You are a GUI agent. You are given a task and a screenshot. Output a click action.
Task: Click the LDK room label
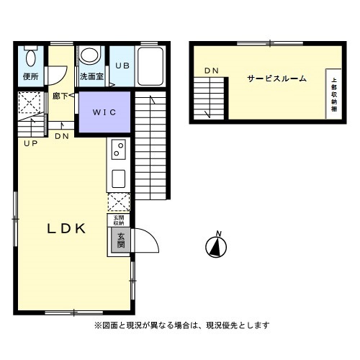[x=66, y=229]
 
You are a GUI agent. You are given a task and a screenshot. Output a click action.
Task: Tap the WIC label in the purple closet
[x=104, y=112]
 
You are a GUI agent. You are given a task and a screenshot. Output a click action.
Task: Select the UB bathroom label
[x=122, y=66]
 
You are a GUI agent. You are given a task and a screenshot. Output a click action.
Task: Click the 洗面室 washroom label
[x=91, y=75]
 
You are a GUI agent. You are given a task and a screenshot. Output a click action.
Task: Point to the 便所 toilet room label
[x=30, y=75]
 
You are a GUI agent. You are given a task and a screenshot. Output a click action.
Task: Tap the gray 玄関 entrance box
[x=120, y=241]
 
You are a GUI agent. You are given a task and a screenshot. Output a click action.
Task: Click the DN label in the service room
[x=211, y=70]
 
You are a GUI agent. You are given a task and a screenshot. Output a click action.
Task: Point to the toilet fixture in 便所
[x=30, y=56]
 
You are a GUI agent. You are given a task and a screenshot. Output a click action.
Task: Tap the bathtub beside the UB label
[x=150, y=68]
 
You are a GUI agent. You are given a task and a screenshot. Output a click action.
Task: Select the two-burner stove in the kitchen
[x=117, y=150]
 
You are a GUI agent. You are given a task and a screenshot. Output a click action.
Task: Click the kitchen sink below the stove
[x=117, y=177]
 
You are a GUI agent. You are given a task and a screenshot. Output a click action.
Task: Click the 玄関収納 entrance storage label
[x=118, y=220]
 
